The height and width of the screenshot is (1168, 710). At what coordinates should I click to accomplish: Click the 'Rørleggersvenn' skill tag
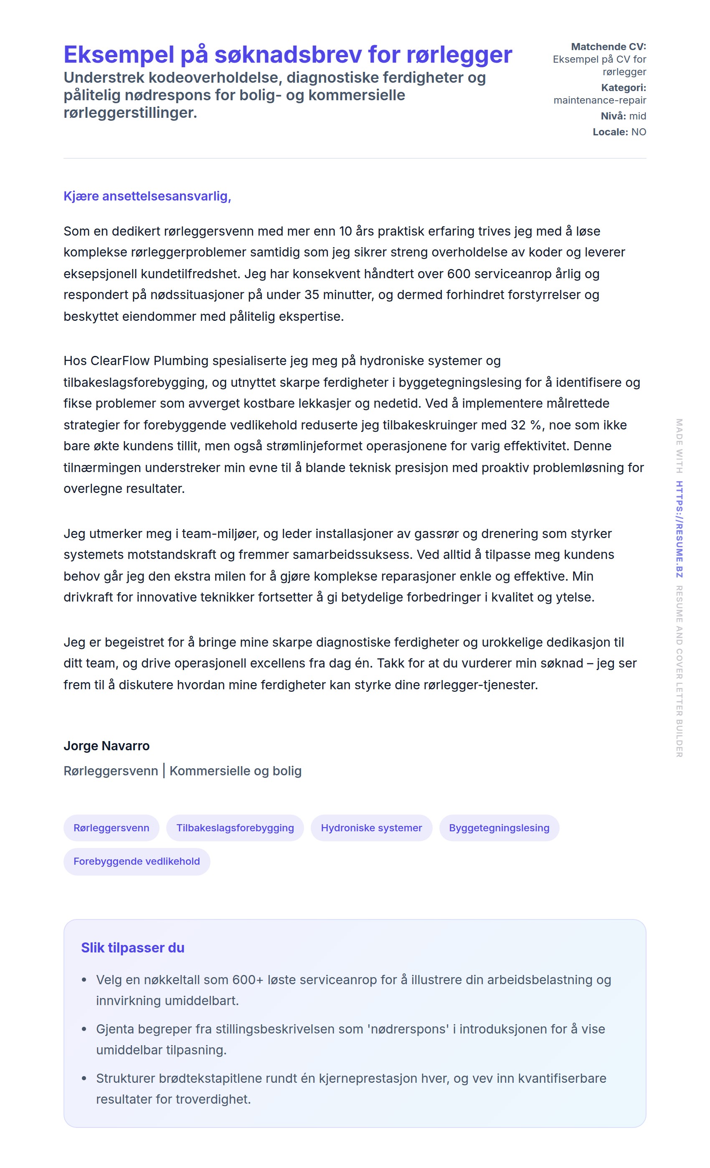pyautogui.click(x=111, y=828)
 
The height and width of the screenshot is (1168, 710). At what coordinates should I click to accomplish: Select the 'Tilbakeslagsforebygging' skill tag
pyautogui.click(x=235, y=828)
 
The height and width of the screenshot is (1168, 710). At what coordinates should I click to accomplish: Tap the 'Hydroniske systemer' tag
pyautogui.click(x=371, y=828)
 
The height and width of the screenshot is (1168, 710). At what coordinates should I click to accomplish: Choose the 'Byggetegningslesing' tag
pyautogui.click(x=499, y=828)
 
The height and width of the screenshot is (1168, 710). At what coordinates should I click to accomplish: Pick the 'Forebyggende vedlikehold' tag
pyautogui.click(x=137, y=861)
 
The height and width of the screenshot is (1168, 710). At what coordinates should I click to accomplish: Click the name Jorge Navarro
pyautogui.click(x=106, y=746)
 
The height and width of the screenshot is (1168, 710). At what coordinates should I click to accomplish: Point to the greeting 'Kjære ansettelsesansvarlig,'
pyautogui.click(x=147, y=196)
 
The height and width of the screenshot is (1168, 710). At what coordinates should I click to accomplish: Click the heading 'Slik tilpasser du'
pyautogui.click(x=132, y=947)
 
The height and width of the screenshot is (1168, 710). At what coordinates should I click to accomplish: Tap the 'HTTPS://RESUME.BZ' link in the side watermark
pyautogui.click(x=679, y=529)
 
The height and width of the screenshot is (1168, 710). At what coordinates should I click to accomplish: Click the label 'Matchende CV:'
pyautogui.click(x=608, y=46)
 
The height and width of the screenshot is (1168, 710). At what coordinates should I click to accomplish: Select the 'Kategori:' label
pyautogui.click(x=623, y=88)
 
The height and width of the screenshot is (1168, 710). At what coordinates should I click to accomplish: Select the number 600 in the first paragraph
pyautogui.click(x=458, y=274)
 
